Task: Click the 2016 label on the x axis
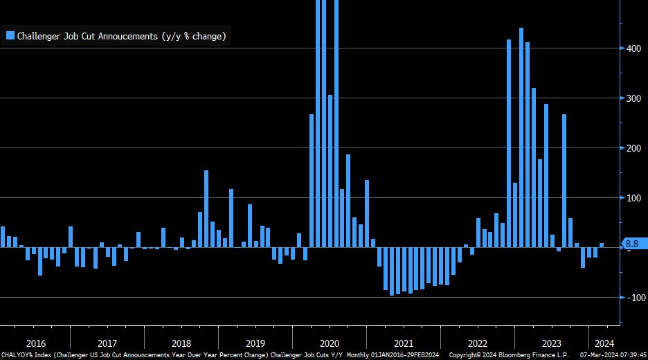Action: coord(35,343)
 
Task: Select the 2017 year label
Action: coord(107,343)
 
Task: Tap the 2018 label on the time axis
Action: coord(181,343)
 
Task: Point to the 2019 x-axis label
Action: coord(255,343)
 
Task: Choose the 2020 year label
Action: coord(330,343)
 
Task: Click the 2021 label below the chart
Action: coord(404,343)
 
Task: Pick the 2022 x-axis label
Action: coord(478,343)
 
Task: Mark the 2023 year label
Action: coord(552,343)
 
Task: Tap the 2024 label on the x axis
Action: coord(604,343)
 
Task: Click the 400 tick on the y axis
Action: coord(633,48)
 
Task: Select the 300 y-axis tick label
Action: coord(633,98)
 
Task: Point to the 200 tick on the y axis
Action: coord(633,148)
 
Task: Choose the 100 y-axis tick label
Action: coord(633,198)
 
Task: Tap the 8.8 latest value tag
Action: coord(632,244)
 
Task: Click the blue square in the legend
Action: coord(10,36)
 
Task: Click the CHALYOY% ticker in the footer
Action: coord(16,354)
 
